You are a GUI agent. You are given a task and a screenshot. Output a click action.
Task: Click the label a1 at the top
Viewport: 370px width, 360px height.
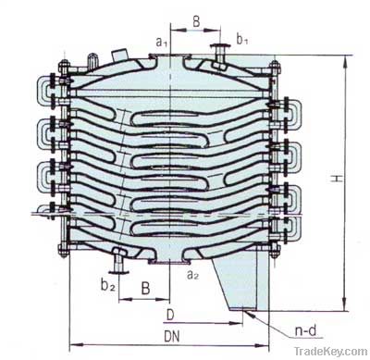pos(160,40)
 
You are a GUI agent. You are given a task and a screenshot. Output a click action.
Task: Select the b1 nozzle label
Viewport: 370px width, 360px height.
pos(242,40)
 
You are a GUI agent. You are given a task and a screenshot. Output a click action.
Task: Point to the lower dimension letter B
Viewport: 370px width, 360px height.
pos(144,287)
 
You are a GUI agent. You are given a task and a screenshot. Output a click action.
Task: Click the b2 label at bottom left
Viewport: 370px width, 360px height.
pos(106,286)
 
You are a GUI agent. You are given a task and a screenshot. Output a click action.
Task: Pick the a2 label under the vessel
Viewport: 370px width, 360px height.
pos(192,275)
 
